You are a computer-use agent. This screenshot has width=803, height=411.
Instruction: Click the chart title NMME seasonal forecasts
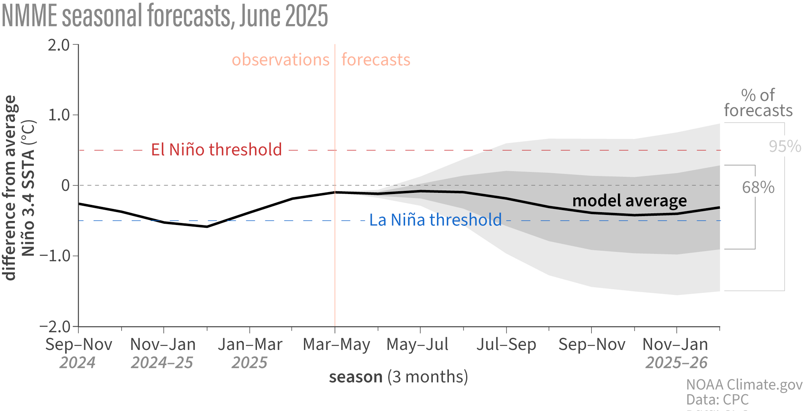[165, 16]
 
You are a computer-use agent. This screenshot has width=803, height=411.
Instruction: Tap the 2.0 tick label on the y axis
[59, 45]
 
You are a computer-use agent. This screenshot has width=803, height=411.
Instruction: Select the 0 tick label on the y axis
[65, 186]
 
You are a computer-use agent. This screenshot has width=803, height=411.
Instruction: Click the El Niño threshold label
[216, 150]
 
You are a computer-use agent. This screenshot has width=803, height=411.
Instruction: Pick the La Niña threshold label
[435, 220]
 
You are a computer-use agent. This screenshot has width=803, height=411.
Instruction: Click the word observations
[280, 60]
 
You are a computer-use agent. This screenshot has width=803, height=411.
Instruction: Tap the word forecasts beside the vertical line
[376, 60]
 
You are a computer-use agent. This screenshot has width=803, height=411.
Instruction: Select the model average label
[629, 200]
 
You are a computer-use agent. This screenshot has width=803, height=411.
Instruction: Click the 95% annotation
[785, 146]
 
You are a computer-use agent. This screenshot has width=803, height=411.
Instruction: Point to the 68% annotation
[758, 187]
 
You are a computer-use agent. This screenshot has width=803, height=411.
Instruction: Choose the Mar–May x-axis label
[336, 345]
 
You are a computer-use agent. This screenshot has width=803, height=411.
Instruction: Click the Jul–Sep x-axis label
[506, 345]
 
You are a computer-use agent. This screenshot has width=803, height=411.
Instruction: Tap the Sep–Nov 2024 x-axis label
[78, 345]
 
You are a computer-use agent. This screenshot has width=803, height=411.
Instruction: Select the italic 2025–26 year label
[676, 363]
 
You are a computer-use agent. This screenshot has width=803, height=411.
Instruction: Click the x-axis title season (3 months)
[398, 377]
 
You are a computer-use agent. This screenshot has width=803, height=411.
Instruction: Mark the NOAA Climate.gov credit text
[744, 385]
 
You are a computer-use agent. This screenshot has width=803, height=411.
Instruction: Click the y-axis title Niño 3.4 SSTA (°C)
[28, 188]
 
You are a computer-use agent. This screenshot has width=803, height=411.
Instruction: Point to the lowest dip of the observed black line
[207, 227]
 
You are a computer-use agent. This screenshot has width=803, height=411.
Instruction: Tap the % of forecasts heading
[758, 103]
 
